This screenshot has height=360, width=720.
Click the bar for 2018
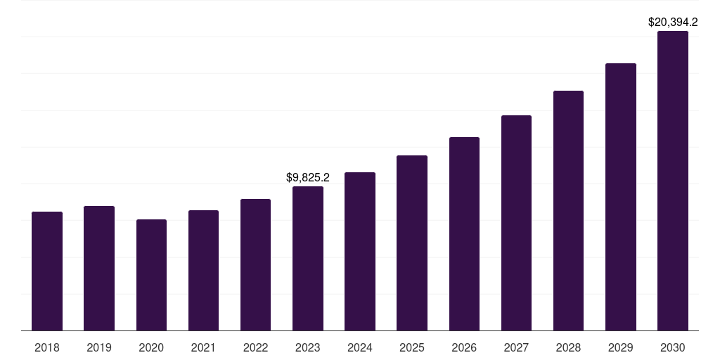click(47, 271)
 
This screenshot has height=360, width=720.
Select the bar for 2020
click(151, 275)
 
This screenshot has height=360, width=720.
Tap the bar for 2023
click(308, 258)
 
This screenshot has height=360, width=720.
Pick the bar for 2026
click(464, 233)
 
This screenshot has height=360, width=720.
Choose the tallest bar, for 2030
click(673, 181)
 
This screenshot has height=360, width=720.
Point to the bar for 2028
click(568, 210)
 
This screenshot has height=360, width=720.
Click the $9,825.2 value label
click(308, 178)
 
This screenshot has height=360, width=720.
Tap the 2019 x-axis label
click(99, 347)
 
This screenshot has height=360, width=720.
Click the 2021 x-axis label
click(203, 347)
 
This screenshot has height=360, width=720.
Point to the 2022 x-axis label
click(256, 347)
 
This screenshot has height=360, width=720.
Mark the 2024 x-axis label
click(360, 347)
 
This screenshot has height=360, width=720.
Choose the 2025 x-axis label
click(412, 347)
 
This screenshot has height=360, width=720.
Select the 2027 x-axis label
click(516, 347)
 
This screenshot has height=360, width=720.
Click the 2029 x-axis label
click(621, 347)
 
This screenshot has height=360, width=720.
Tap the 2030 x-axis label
click(673, 347)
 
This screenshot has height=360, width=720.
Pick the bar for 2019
click(99, 268)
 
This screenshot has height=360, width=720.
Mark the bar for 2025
click(412, 243)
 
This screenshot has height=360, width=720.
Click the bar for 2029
click(621, 197)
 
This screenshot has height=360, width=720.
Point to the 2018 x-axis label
click(47, 347)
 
